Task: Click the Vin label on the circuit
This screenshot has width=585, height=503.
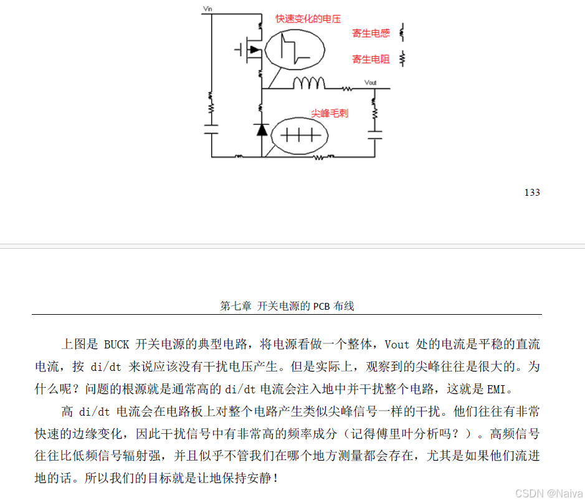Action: (208, 9)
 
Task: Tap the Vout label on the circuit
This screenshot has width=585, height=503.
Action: (370, 82)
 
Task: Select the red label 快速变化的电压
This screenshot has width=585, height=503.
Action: (308, 19)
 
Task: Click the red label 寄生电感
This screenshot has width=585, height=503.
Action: (371, 34)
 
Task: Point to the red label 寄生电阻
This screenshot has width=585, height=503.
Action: (371, 59)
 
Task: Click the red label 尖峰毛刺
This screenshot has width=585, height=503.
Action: (330, 113)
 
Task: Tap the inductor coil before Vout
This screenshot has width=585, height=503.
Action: (310, 83)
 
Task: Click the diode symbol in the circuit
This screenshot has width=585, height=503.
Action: (262, 130)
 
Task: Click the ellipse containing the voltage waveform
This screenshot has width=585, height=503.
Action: (295, 49)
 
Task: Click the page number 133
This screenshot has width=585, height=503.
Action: (532, 192)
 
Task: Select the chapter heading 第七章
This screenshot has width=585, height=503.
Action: (235, 306)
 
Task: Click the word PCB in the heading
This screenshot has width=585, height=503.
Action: (321, 306)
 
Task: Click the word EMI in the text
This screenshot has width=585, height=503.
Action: (496, 390)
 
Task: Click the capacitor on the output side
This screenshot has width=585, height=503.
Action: (375, 135)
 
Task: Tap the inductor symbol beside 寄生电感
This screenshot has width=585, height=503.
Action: (402, 32)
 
